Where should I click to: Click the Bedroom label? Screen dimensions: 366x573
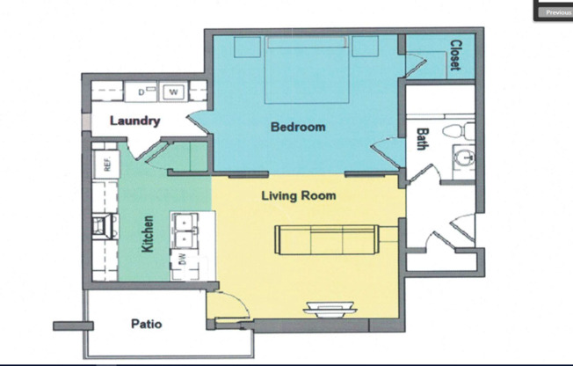[x=297, y=127]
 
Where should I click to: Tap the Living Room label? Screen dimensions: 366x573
[x=298, y=194]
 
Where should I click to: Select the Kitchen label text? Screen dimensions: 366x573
[x=148, y=234]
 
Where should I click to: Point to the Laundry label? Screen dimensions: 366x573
[x=134, y=121]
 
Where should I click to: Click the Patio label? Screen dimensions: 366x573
[x=146, y=324]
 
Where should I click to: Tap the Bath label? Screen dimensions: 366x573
[x=423, y=140]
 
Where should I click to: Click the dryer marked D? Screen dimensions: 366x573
[x=141, y=91]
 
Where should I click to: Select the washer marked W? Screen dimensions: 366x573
[x=172, y=91]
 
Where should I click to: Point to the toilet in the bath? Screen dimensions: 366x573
[x=458, y=132]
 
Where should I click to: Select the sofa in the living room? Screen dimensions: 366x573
[x=325, y=238]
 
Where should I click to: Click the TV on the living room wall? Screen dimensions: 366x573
[x=330, y=308]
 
